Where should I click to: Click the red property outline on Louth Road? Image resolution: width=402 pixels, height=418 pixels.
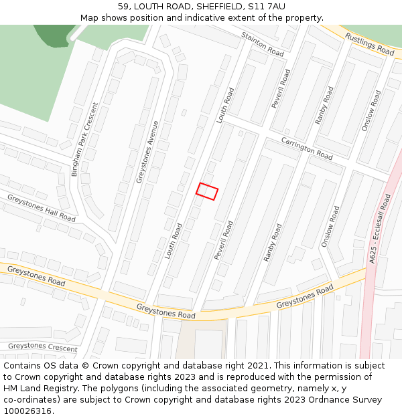pyautogui.click(x=207, y=191)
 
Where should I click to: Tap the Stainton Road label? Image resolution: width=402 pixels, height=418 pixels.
pyautogui.click(x=263, y=43)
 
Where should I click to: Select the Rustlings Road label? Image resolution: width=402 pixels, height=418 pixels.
pyautogui.click(x=370, y=43)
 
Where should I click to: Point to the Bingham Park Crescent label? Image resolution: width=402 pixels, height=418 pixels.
pyautogui.click(x=84, y=139)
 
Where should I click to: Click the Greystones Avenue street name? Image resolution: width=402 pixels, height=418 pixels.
pyautogui.click(x=148, y=152)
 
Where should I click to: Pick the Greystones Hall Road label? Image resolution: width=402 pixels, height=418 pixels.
pyautogui.click(x=41, y=207)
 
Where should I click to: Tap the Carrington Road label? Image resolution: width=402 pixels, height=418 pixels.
pyautogui.click(x=307, y=148)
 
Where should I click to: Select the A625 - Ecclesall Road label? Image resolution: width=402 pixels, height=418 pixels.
pyautogui.click(x=380, y=227)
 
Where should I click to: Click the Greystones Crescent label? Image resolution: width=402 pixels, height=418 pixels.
pyautogui.click(x=42, y=347)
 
